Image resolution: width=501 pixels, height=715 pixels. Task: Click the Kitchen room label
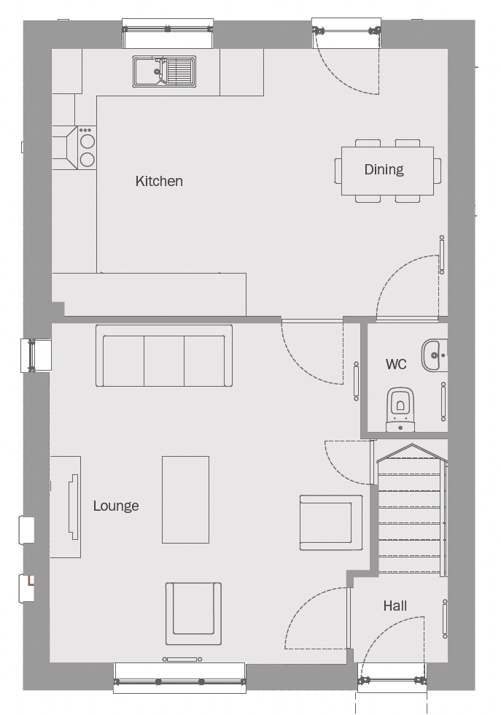[x=159, y=181]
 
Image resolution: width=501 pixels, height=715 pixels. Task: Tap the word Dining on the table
[x=384, y=169]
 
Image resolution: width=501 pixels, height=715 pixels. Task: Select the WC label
[x=396, y=364]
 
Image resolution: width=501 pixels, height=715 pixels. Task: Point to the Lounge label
[x=116, y=506]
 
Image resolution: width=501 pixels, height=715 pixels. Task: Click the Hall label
[x=395, y=606]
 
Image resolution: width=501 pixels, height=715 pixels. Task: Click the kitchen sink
[x=165, y=71]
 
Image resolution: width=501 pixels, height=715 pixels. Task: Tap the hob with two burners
[x=87, y=147]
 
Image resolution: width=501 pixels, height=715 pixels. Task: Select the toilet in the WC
[x=400, y=409]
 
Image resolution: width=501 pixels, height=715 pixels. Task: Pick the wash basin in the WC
[x=435, y=355]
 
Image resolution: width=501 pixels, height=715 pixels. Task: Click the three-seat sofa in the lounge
[x=163, y=356]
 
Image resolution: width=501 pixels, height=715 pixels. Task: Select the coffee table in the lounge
[x=185, y=499]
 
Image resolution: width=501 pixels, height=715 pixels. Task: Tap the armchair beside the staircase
[x=331, y=522]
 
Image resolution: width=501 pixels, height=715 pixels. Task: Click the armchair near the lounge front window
[x=193, y=614]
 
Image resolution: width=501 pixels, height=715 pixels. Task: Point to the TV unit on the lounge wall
[x=66, y=506]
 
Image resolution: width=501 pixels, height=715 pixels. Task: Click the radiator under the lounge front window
[x=182, y=659]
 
